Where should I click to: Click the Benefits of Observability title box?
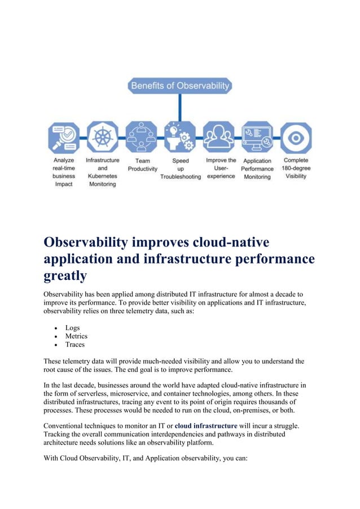(x=180, y=86)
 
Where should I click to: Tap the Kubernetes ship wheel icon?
(x=103, y=137)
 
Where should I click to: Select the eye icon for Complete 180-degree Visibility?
(x=296, y=137)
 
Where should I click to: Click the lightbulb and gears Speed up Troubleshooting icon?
(x=180, y=137)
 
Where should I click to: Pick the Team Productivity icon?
(x=142, y=137)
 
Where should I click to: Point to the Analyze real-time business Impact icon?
(x=64, y=137)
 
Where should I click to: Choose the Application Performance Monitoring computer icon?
(x=257, y=137)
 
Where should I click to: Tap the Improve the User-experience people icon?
(x=218, y=137)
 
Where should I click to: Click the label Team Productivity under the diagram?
(x=142, y=164)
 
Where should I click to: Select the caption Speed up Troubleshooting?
(x=181, y=168)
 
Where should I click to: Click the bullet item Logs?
(x=72, y=328)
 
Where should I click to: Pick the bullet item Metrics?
(x=76, y=336)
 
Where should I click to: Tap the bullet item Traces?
(x=74, y=345)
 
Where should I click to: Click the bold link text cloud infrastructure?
(x=206, y=425)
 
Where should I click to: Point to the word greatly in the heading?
(x=65, y=275)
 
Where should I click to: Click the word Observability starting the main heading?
(x=86, y=242)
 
